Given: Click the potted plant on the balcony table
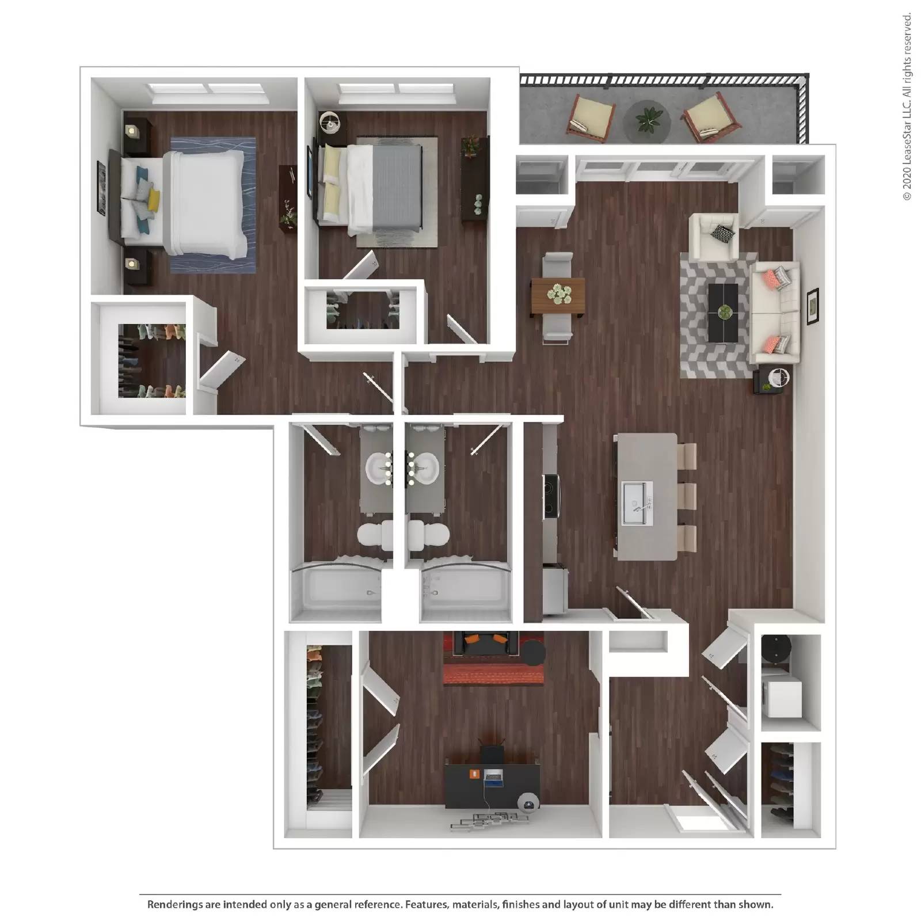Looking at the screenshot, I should (x=647, y=120).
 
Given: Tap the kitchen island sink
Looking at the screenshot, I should (x=637, y=505).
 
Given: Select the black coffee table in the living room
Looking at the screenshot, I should (x=722, y=313).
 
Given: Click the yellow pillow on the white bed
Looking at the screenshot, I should (x=153, y=199).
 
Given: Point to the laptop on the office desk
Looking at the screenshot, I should (x=493, y=778).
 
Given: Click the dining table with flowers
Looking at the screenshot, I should (x=558, y=297).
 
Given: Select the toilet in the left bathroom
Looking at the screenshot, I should (x=375, y=535).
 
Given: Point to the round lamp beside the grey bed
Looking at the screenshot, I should (x=330, y=122).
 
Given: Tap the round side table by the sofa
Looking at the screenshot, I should (x=779, y=378).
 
